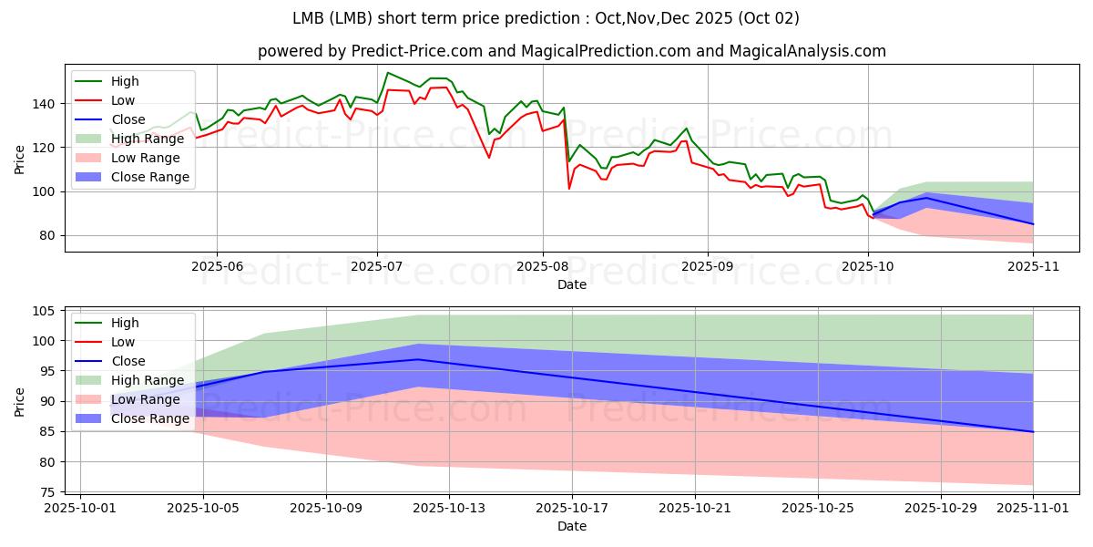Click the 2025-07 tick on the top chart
pos(377,265)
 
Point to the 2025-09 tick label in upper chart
pos(708,265)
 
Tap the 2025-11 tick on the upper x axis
pos(1033,265)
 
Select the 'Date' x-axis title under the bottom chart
pos(571,527)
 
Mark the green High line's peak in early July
pos(388,73)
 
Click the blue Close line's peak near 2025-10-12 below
pos(418,359)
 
